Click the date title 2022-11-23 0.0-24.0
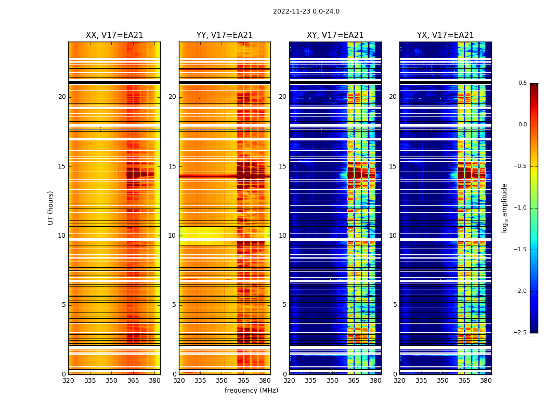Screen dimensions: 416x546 tap(306, 11)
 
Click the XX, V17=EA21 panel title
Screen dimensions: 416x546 tap(114, 35)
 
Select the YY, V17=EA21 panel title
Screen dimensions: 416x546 tap(225, 35)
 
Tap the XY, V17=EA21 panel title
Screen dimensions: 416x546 tap(335, 35)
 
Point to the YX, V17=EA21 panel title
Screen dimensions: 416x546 tap(445, 35)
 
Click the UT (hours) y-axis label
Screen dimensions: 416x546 tap(51, 207)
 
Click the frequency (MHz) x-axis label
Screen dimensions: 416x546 tap(251, 391)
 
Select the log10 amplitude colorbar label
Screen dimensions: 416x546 tap(504, 207)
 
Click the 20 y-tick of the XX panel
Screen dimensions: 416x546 tap(62, 97)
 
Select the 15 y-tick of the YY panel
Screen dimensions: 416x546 tap(172, 166)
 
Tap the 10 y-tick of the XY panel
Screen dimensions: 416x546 tap(282, 236)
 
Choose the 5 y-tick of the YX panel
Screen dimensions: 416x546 tap(395, 305)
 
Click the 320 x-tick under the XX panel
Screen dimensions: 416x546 tap(68, 381)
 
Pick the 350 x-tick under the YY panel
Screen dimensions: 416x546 tap(222, 381)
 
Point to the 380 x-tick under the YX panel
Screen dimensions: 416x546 tap(486, 381)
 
